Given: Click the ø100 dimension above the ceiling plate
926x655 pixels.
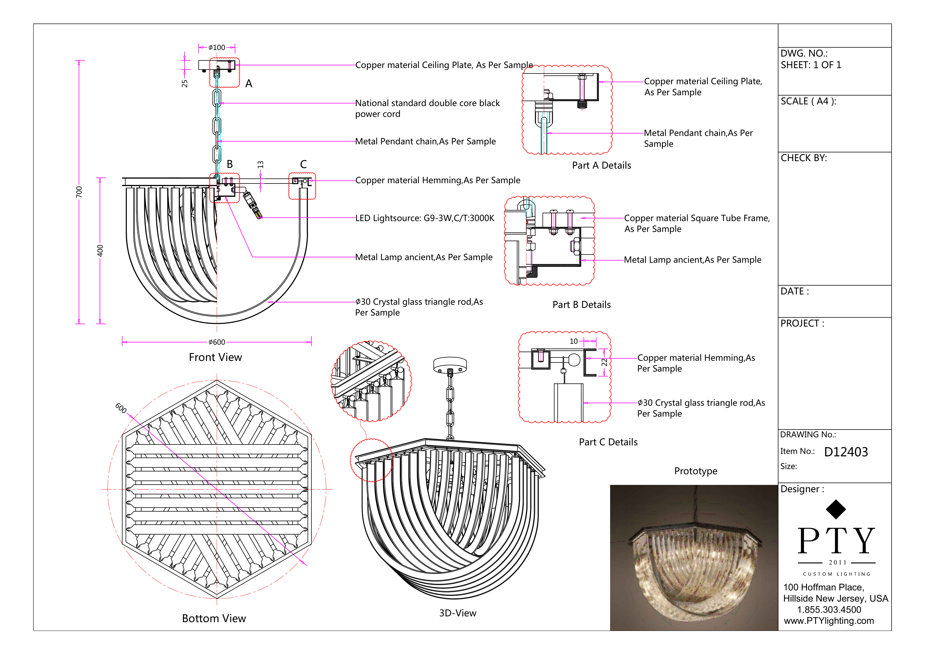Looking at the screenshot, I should click(x=217, y=48).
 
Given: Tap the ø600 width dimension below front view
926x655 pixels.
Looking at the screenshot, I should click(x=217, y=342).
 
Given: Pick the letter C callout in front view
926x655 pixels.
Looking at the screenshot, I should click(x=303, y=164).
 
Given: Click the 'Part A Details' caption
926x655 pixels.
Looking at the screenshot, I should click(x=601, y=165).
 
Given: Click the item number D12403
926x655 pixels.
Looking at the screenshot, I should click(x=846, y=452).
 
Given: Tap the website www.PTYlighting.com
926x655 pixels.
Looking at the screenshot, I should click(x=829, y=621).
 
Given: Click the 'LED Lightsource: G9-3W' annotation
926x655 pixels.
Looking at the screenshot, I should click(x=424, y=218).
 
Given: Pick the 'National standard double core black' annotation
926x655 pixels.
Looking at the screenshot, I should click(x=427, y=103).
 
